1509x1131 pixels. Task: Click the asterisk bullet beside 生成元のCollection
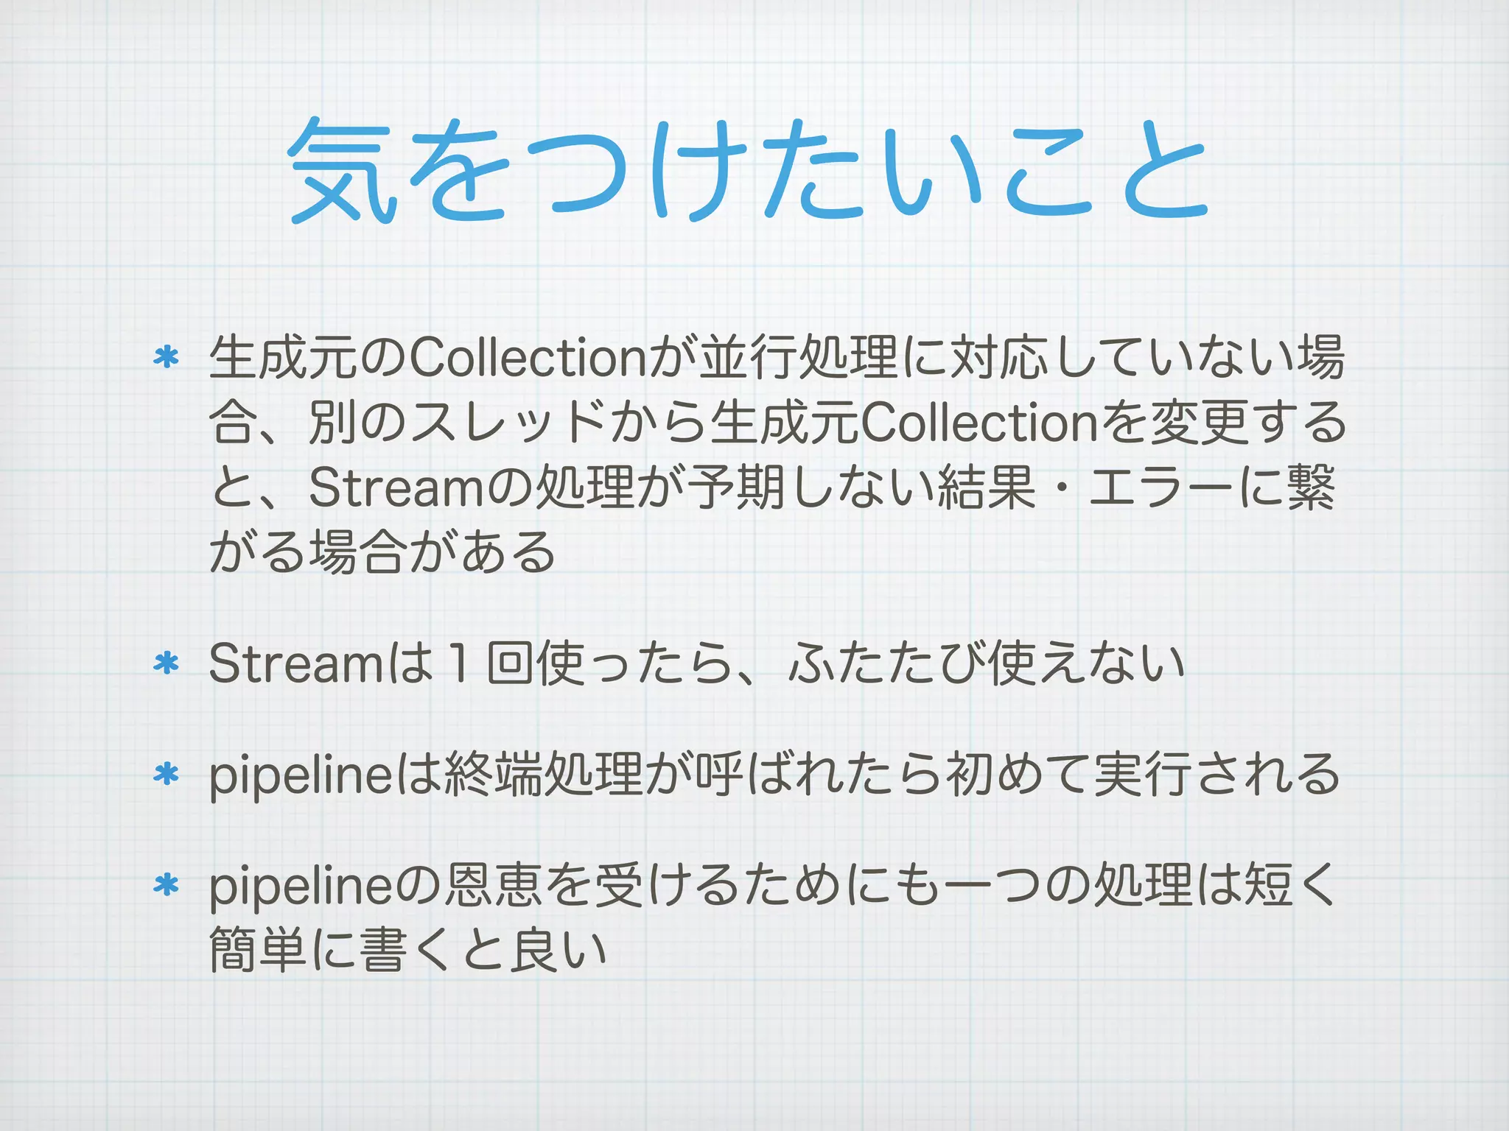point(167,358)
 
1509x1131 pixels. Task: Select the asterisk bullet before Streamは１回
point(167,663)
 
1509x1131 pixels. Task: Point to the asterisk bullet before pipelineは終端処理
point(167,775)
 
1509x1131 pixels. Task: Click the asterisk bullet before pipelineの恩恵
point(167,886)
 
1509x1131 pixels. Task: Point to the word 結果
point(987,487)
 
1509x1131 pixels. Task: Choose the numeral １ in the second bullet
point(458,663)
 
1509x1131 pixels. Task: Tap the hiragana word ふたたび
point(885,663)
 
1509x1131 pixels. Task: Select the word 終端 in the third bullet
point(493,775)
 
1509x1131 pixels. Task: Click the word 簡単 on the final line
point(258,950)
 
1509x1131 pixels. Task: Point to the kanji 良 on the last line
point(533,950)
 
